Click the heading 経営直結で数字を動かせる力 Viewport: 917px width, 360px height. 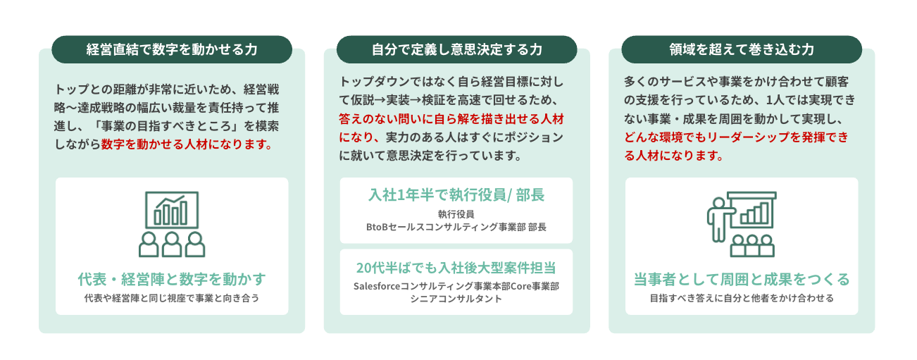172,50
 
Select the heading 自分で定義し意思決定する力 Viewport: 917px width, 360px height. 456,50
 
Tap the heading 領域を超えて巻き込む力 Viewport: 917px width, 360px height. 742,50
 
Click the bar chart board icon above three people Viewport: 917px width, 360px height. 172,209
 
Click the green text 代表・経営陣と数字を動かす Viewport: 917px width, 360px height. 172,279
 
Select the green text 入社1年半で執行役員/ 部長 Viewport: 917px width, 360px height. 456,195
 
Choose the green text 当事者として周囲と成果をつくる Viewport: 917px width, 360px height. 742,279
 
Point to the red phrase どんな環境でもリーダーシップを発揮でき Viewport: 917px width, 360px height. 735,137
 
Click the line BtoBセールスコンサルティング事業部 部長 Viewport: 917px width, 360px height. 456,227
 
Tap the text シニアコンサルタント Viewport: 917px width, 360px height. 456,299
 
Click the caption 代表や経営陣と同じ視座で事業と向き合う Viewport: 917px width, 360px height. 172,298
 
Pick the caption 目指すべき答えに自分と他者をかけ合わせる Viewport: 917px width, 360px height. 742,298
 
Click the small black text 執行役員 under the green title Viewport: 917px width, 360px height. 456,214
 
